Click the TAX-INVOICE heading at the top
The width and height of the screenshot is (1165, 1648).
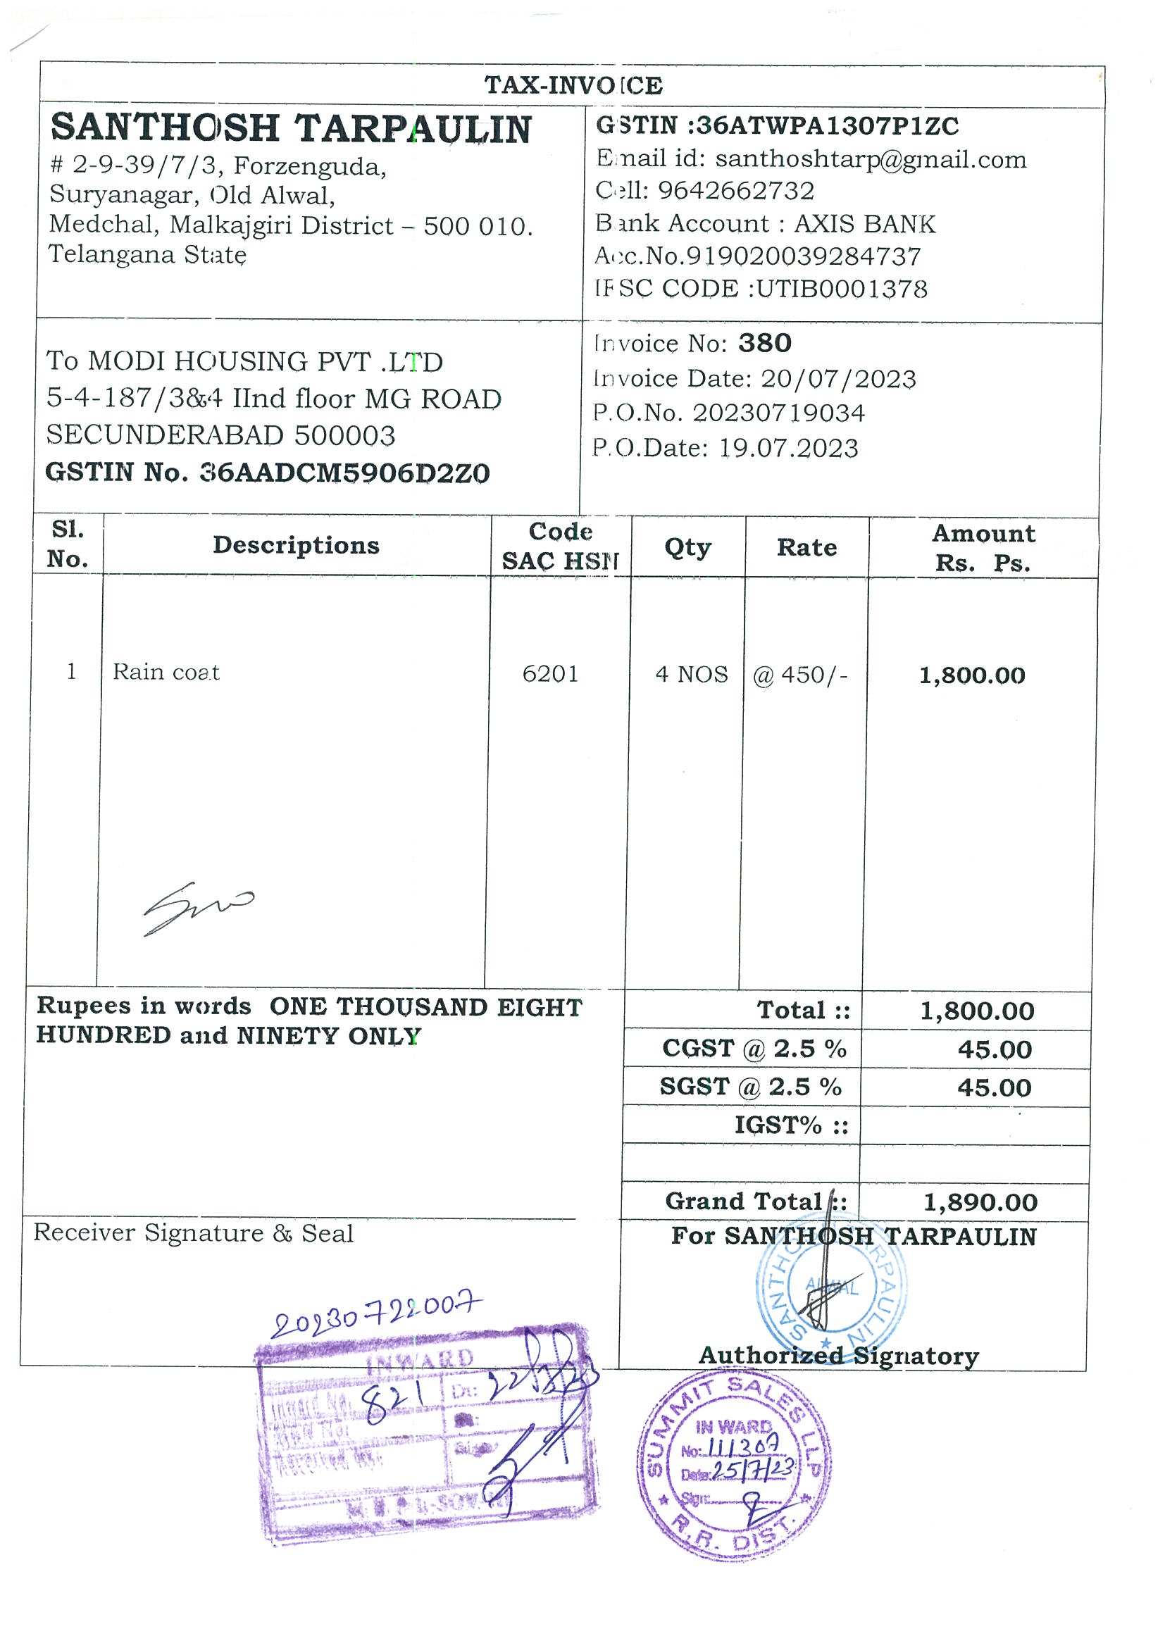(573, 85)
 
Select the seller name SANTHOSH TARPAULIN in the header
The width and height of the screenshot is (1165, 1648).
(291, 128)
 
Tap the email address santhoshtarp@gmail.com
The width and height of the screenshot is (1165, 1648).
(870, 159)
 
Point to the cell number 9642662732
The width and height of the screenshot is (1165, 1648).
(736, 191)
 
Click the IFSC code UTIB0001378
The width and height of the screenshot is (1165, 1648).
(841, 289)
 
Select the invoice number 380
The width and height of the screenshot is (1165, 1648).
(764, 343)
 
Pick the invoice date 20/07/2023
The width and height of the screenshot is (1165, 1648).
(837, 378)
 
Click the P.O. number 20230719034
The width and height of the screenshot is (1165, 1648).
(778, 413)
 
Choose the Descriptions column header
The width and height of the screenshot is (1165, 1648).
(296, 546)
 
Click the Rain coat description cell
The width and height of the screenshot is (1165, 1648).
(166, 673)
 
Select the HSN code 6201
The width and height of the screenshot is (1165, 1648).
(550, 674)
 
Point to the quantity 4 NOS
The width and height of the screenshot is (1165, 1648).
(691, 675)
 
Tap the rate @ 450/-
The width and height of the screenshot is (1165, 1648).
(799, 675)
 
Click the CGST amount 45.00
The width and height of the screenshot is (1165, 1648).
(994, 1050)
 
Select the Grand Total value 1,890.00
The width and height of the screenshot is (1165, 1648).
(980, 1202)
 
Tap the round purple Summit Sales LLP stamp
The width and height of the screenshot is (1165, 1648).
(734, 1464)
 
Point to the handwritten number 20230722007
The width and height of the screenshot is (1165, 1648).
(375, 1315)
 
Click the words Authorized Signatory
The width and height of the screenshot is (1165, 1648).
(838, 1356)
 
